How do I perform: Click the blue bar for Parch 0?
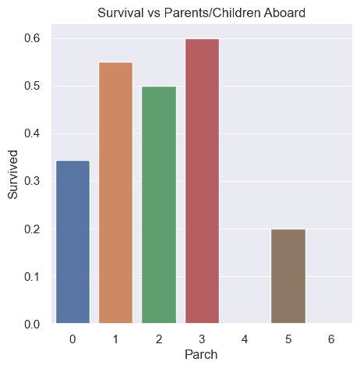(x=72, y=242)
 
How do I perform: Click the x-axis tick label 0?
(x=72, y=339)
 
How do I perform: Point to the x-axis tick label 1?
(x=115, y=339)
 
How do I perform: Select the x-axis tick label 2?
(x=159, y=339)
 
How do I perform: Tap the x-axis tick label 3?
(x=202, y=339)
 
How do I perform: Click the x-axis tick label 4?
(x=245, y=339)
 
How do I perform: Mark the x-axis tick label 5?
(x=288, y=339)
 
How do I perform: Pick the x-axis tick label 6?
(x=332, y=339)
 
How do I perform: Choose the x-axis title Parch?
(x=202, y=355)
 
